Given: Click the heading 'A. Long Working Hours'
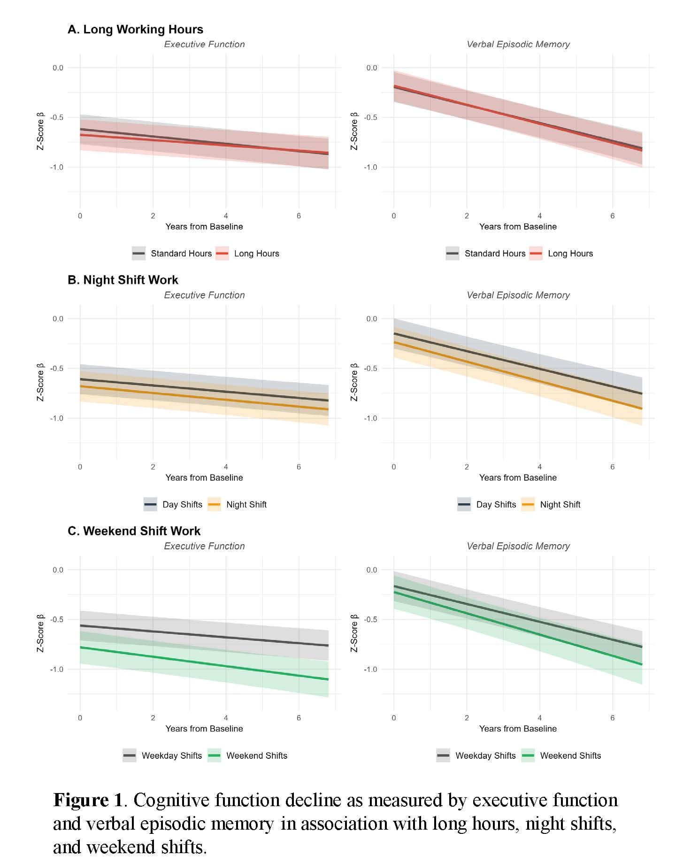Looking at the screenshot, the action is (135, 29).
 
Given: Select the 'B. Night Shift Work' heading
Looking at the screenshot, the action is (123, 280).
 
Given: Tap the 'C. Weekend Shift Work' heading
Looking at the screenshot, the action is (134, 531).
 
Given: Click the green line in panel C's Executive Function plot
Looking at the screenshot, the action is (204, 663).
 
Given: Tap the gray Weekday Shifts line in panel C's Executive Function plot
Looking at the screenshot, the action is (204, 636).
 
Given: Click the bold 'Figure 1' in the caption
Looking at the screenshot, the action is (88, 800).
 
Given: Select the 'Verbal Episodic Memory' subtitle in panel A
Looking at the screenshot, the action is (518, 44).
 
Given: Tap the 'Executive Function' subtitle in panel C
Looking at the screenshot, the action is (204, 546).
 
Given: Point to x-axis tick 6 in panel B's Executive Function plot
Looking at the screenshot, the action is (299, 467).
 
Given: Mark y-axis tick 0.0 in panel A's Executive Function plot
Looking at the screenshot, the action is (58, 68).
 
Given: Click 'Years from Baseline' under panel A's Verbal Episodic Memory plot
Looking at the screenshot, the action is (518, 226).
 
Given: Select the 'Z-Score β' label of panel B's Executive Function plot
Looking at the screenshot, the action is (40, 382).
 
